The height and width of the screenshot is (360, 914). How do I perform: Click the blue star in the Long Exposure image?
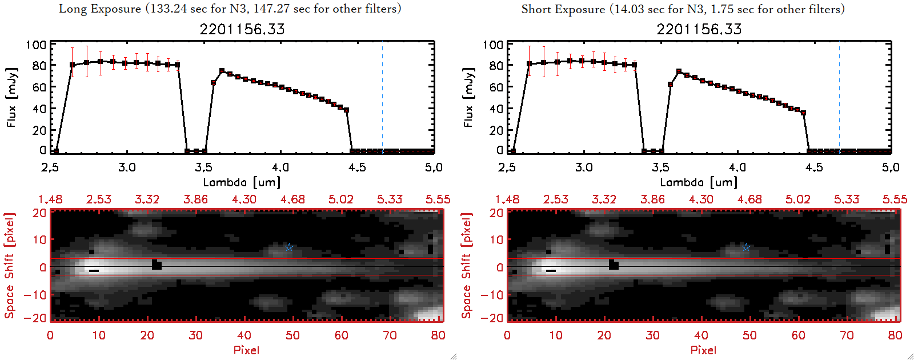click(x=289, y=247)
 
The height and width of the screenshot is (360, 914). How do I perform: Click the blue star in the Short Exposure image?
click(x=746, y=247)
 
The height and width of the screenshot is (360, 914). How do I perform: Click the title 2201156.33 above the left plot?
click(x=242, y=29)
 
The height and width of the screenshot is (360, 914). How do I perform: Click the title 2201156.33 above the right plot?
click(x=699, y=29)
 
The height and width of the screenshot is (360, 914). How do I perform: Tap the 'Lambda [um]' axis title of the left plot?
click(x=242, y=182)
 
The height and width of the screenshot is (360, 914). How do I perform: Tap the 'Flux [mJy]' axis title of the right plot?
click(x=469, y=97)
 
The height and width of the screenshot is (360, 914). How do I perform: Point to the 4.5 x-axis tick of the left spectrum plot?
click(x=357, y=167)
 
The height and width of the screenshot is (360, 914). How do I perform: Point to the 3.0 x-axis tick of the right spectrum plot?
click(x=584, y=167)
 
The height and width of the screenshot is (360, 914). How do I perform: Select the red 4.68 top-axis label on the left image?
click(x=292, y=199)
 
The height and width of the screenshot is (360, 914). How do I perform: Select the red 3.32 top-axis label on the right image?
click(x=604, y=199)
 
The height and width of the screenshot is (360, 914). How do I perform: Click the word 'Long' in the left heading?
click(x=71, y=9)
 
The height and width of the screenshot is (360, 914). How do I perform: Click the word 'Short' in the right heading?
click(x=536, y=9)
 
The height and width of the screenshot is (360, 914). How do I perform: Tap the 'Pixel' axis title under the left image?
click(x=246, y=350)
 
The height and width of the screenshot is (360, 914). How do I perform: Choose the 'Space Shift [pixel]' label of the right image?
click(x=467, y=266)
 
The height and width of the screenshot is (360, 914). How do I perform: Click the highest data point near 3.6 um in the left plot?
click(x=222, y=71)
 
